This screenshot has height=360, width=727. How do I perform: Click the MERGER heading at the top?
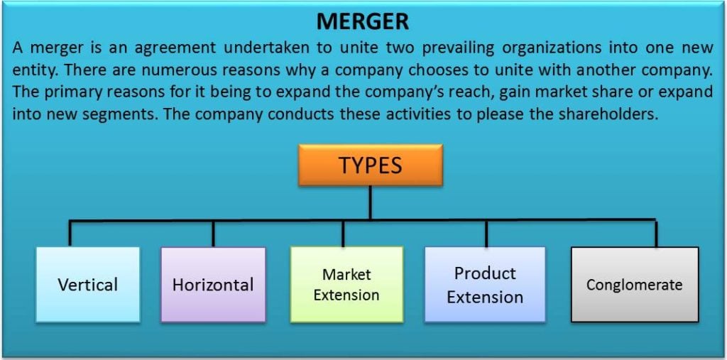[363, 21]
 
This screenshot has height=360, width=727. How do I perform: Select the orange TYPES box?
[371, 165]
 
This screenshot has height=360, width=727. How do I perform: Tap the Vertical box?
[88, 285]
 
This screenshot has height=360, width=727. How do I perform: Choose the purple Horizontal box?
[213, 285]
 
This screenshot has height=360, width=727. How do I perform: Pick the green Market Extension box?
[346, 285]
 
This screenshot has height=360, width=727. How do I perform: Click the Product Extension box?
[485, 285]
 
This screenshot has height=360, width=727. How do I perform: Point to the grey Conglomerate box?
[634, 285]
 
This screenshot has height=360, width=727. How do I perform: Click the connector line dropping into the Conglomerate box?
[655, 233]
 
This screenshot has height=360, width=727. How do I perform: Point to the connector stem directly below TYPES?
[370, 202]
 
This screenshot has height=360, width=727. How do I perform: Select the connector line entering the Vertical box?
[70, 234]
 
